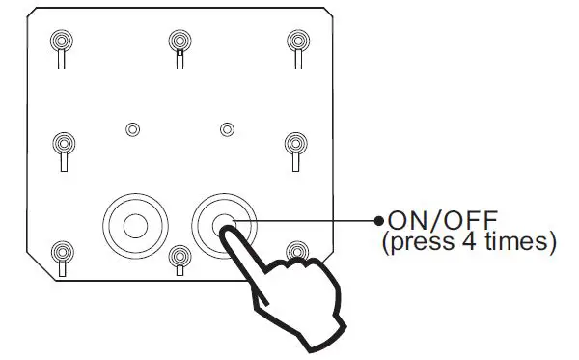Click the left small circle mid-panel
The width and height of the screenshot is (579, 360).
click(133, 127)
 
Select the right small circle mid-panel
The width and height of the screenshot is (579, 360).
click(227, 127)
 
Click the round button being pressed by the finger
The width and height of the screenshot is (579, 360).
click(223, 222)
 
